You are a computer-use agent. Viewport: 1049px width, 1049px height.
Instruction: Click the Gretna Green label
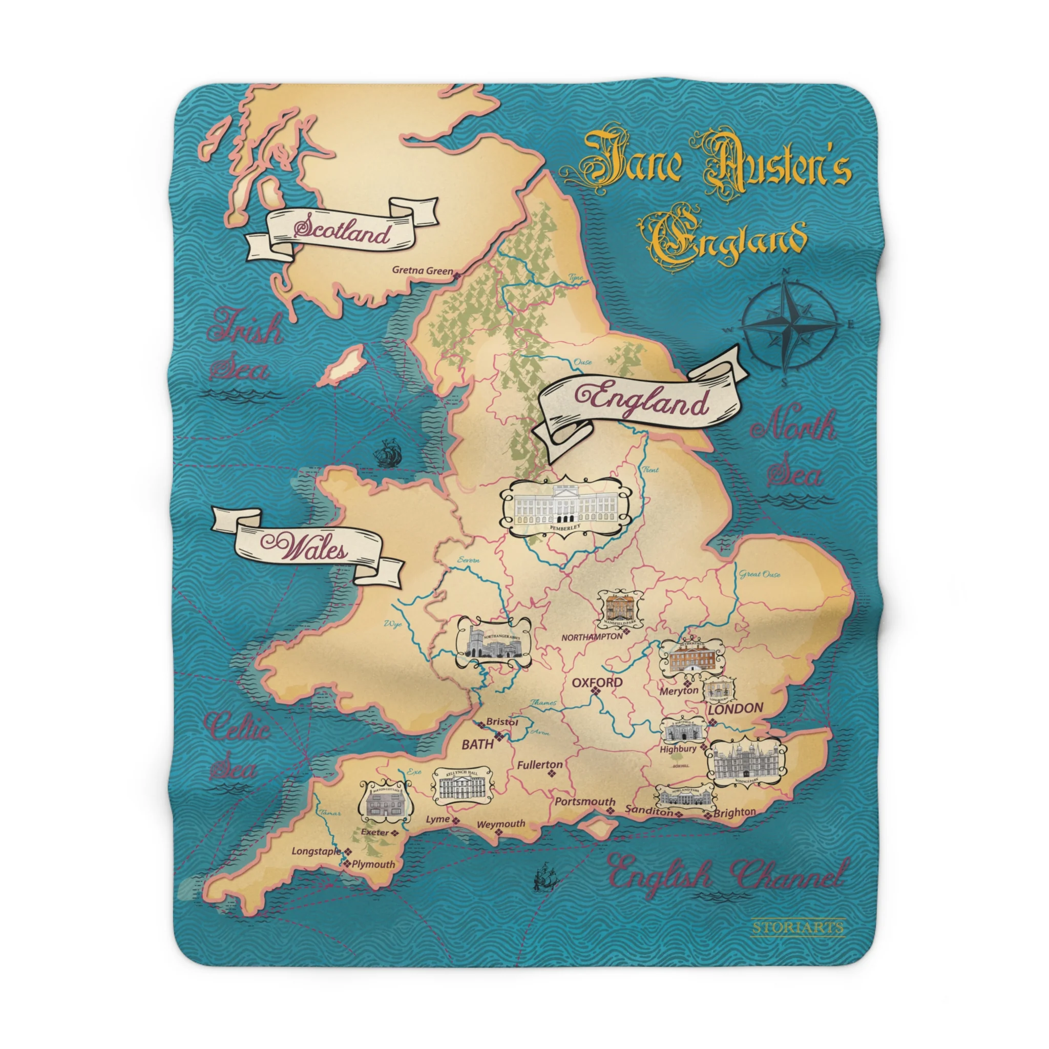[422, 270]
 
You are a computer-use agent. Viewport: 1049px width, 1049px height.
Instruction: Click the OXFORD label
[597, 682]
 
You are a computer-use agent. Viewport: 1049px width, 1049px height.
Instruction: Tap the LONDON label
[735, 708]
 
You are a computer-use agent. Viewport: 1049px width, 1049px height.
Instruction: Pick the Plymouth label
[373, 864]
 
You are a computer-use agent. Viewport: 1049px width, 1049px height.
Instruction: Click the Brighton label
[734, 812]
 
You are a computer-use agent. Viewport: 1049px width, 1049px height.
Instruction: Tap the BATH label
[477, 744]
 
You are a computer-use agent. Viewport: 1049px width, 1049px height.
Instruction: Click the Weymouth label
[500, 824]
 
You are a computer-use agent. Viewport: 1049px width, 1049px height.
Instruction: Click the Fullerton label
[539, 765]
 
